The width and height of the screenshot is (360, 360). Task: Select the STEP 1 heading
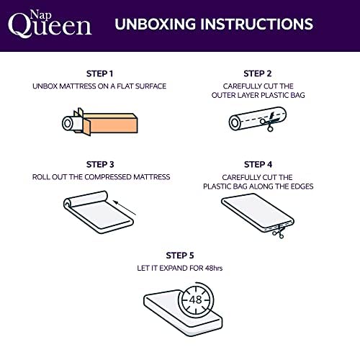point(99,73)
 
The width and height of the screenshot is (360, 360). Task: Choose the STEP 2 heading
point(257,73)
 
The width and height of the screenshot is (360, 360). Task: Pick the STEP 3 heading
point(99,164)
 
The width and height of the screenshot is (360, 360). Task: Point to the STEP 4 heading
point(257,164)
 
